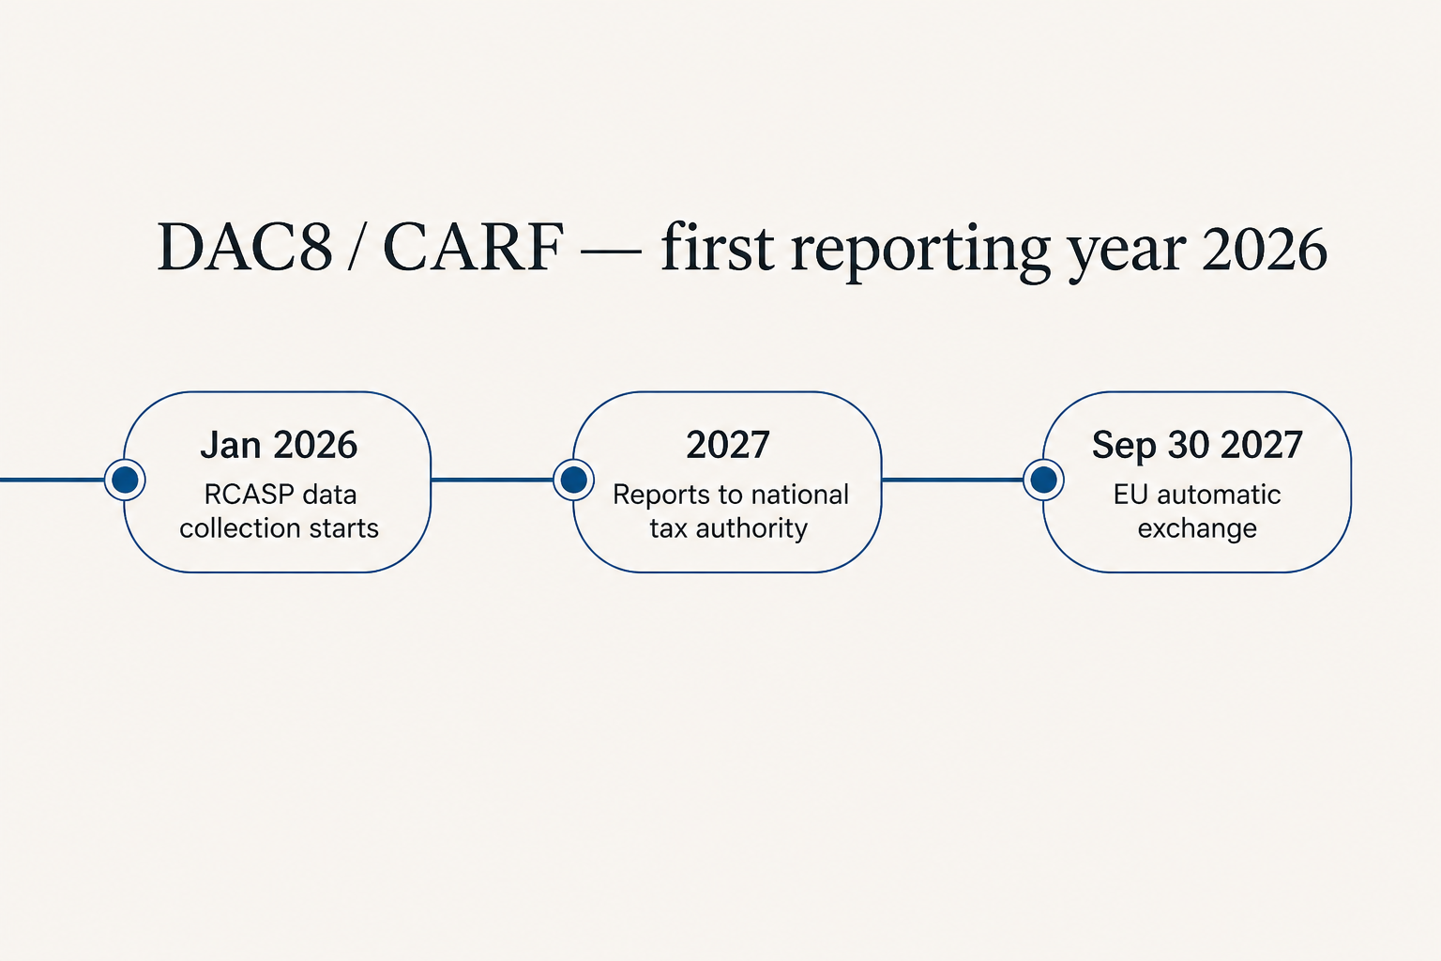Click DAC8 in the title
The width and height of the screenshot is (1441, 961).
(x=245, y=248)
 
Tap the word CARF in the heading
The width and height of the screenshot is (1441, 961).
(x=474, y=248)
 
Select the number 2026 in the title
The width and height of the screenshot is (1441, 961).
(x=1264, y=249)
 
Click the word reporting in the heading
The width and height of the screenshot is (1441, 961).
(x=920, y=252)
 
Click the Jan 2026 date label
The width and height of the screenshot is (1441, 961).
(x=279, y=445)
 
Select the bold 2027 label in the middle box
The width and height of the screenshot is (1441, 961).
(x=728, y=445)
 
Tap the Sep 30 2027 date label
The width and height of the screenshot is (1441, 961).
(x=1197, y=445)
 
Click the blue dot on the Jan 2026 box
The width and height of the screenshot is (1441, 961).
(x=125, y=480)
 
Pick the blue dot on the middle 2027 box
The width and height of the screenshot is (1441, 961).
(x=574, y=480)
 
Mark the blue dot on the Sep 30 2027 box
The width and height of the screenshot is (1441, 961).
(x=1043, y=480)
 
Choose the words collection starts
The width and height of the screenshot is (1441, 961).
(x=279, y=528)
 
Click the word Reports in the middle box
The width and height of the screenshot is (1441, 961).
(x=661, y=496)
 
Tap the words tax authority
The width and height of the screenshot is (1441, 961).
(x=728, y=529)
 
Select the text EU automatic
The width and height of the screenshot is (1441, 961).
(x=1197, y=495)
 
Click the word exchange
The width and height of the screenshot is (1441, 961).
(x=1197, y=529)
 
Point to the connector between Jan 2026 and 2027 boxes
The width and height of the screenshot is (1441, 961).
(x=493, y=480)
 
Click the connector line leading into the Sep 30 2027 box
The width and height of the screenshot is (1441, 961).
(x=952, y=480)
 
